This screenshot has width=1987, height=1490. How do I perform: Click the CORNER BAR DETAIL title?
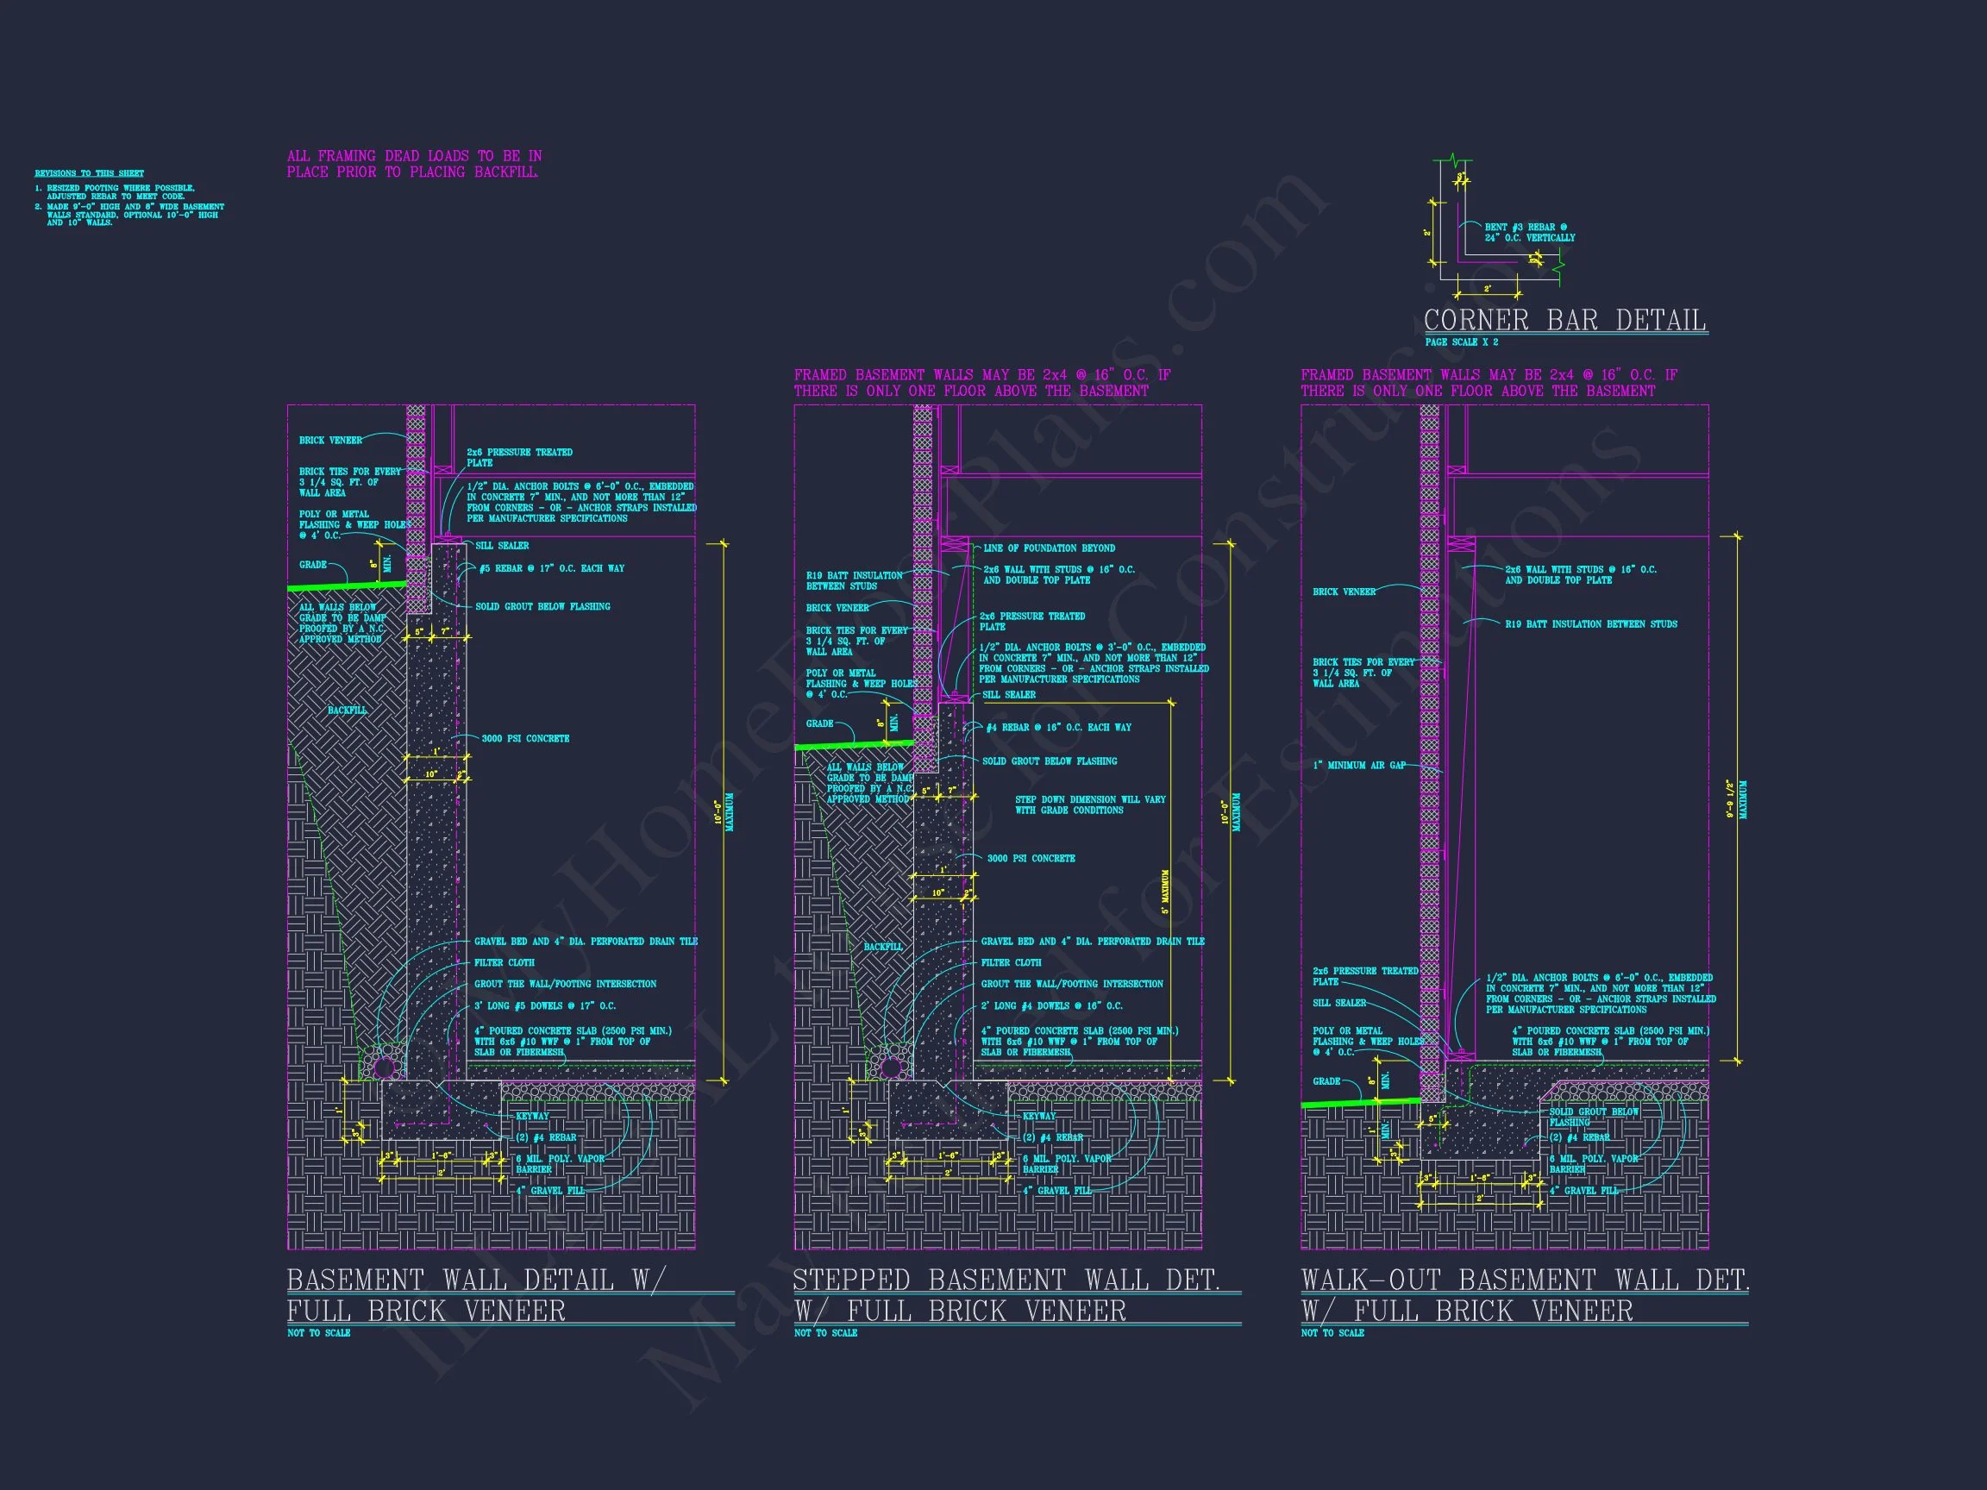[1564, 320]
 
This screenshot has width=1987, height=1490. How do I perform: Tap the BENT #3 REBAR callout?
[1530, 233]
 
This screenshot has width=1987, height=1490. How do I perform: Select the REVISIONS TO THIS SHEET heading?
[89, 173]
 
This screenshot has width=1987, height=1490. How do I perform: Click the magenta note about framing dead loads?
[414, 164]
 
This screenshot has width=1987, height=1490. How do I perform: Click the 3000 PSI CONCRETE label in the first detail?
[525, 738]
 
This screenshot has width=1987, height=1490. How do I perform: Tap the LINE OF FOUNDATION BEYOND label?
[1050, 548]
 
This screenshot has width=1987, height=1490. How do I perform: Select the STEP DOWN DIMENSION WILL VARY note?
[1089, 804]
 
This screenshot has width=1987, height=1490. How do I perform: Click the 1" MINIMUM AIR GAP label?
[1359, 765]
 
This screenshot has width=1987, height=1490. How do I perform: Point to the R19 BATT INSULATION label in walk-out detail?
[1591, 624]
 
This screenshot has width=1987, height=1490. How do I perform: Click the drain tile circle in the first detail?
[385, 1067]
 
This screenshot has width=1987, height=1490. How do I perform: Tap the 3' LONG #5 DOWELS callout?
[545, 1006]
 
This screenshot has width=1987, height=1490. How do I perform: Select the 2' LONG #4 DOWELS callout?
[1052, 1006]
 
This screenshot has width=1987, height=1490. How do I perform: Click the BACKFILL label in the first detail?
[347, 711]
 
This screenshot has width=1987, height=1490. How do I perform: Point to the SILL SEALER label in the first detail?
[502, 545]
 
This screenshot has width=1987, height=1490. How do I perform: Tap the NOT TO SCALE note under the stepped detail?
[825, 1333]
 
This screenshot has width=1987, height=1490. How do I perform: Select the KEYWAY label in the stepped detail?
[1039, 1117]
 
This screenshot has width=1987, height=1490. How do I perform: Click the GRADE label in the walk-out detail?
[1326, 1081]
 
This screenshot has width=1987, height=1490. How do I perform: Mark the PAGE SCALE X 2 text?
[1462, 342]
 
